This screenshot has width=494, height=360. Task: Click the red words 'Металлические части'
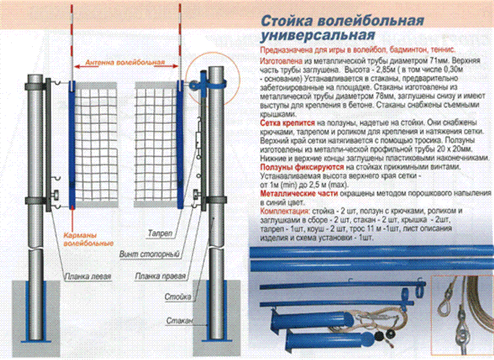point(292,193)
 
